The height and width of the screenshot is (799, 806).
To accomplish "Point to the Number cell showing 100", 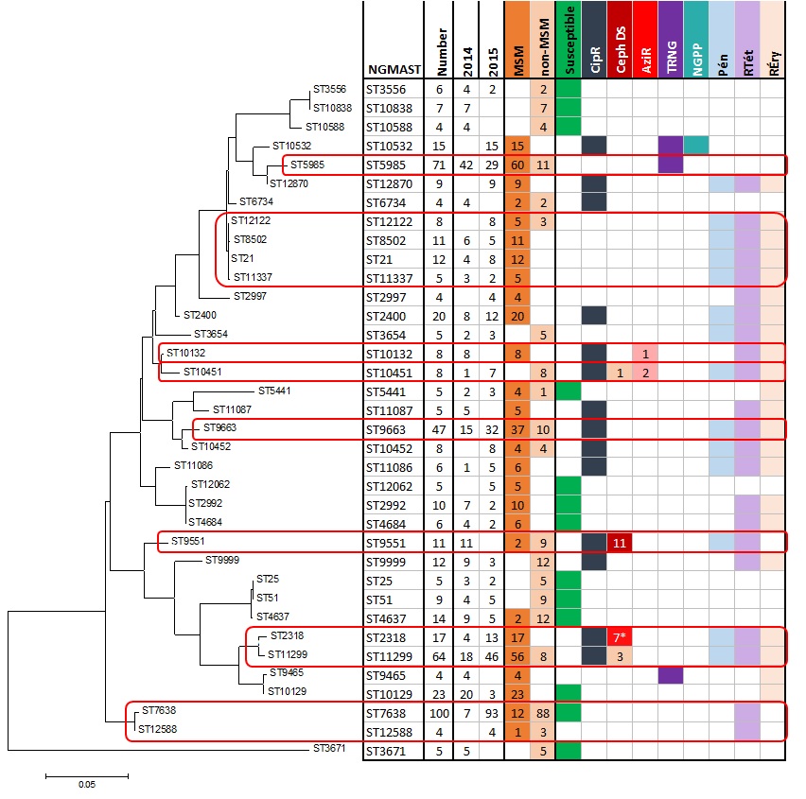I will coord(439,711).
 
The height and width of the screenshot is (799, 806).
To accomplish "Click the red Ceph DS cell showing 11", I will coord(621,543).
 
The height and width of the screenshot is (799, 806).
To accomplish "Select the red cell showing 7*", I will coord(621,635).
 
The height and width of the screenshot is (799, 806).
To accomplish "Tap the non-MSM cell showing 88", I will coord(543,711).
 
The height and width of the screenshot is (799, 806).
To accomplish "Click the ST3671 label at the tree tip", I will coord(331,749).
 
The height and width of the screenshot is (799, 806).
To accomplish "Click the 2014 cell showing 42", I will coord(465,165).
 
